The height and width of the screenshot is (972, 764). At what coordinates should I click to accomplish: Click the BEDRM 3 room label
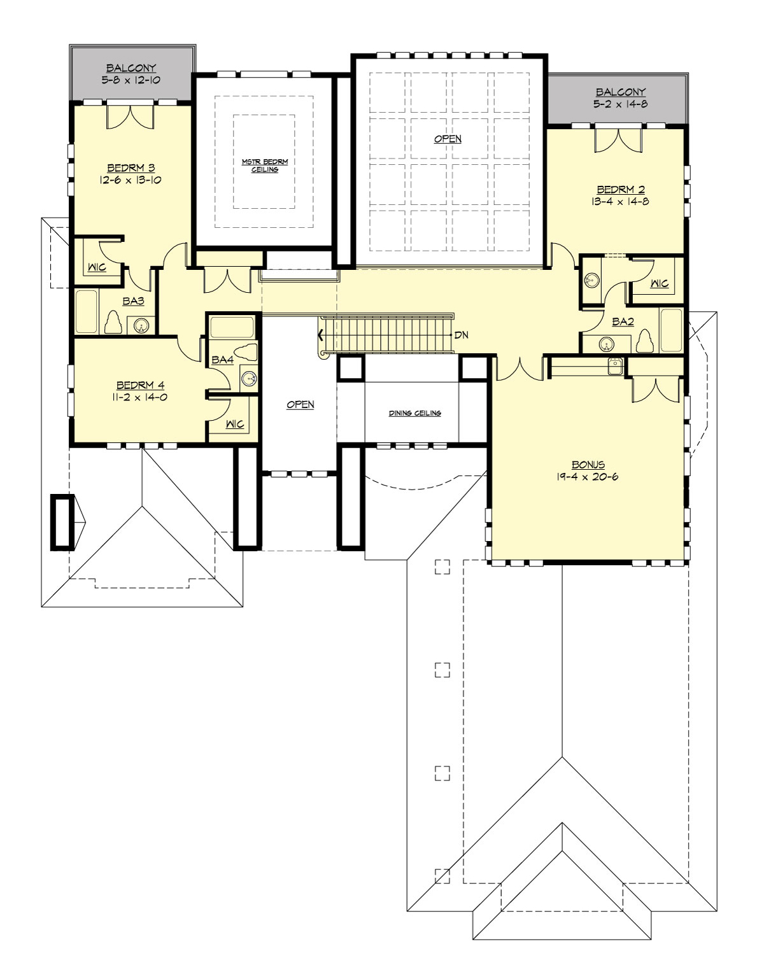click(x=131, y=168)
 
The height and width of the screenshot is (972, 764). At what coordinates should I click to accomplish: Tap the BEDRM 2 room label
click(x=620, y=190)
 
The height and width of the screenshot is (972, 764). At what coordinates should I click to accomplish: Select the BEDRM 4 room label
click(x=141, y=385)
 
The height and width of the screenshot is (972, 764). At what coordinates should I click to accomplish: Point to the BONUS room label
click(x=588, y=465)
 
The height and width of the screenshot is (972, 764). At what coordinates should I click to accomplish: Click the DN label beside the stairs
click(x=462, y=335)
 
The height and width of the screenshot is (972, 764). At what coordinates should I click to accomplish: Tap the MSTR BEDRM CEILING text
click(x=265, y=166)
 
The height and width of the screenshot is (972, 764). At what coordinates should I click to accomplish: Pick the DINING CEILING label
click(x=414, y=413)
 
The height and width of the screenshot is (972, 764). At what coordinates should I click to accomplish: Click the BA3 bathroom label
click(x=133, y=301)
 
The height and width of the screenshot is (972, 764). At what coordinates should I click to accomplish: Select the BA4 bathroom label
click(x=222, y=360)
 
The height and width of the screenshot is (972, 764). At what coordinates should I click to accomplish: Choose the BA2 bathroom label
click(x=623, y=321)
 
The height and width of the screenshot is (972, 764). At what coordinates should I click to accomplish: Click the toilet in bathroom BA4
click(x=246, y=353)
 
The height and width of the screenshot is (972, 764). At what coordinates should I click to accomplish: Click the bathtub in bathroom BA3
click(x=87, y=311)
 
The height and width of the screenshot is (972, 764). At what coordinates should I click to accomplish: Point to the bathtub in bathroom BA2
click(x=671, y=330)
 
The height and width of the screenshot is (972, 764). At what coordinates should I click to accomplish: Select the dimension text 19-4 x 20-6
click(x=587, y=477)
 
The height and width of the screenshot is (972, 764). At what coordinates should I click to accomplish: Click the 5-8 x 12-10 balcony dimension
click(x=131, y=80)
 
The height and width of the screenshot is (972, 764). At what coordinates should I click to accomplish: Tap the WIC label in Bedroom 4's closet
click(x=235, y=424)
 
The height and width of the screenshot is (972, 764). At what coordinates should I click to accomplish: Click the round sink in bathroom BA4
click(x=248, y=379)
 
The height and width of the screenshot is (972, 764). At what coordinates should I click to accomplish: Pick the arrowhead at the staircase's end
click(x=320, y=335)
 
